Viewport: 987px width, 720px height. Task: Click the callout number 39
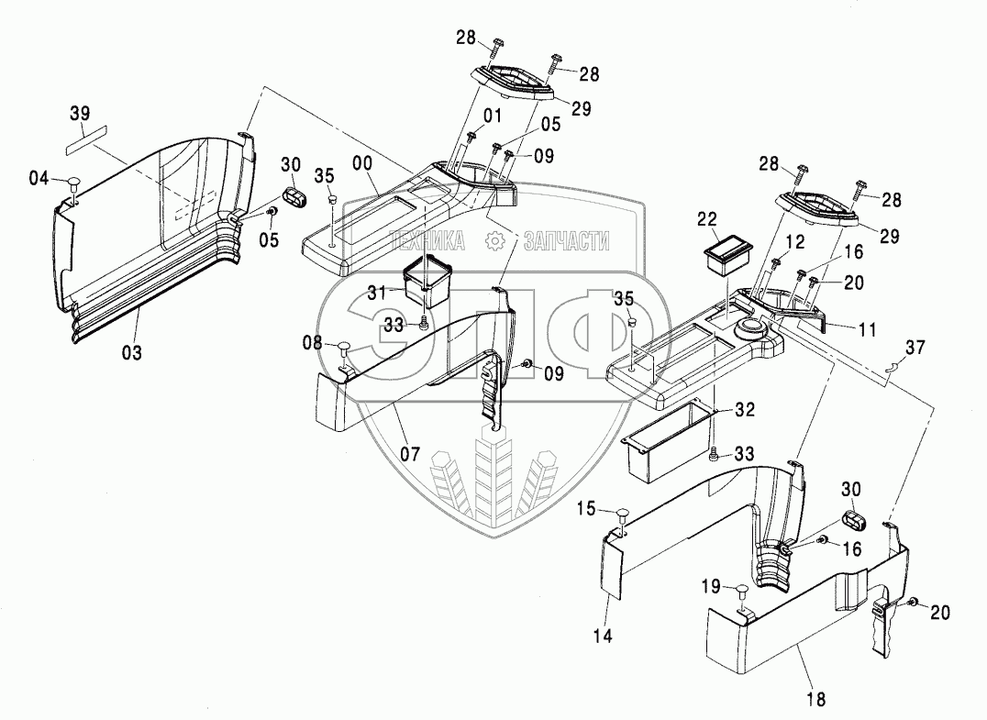pos(80,114)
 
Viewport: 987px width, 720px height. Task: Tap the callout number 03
pos(132,353)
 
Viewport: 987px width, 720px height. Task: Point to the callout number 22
pos(707,219)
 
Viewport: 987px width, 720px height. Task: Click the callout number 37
pos(915,347)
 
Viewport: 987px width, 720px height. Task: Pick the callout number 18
pos(815,699)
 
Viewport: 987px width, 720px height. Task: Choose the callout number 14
pos(603,637)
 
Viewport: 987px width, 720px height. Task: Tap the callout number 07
pos(410,454)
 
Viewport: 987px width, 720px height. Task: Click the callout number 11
pos(867,330)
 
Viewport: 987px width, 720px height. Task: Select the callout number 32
pos(745,410)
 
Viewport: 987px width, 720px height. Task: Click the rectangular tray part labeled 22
pos(731,255)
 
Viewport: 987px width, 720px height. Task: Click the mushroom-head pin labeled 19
pos(740,593)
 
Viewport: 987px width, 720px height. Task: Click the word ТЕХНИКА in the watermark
pos(428,241)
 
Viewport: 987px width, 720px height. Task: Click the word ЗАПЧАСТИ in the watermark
pos(567,241)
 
